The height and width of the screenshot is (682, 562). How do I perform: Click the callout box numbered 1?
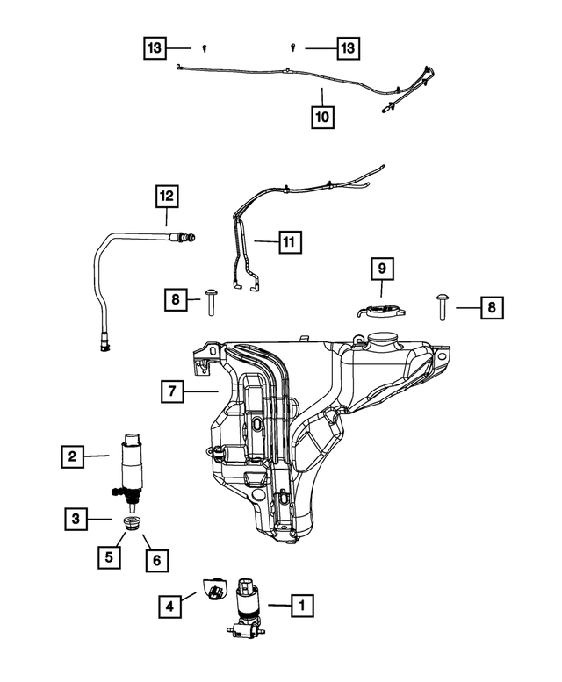click(x=301, y=604)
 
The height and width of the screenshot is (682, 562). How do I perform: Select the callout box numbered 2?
click(x=73, y=456)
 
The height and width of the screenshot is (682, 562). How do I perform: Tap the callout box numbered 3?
click(x=76, y=520)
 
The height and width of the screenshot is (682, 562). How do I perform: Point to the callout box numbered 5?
click(x=110, y=556)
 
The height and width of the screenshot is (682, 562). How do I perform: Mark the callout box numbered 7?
click(x=173, y=391)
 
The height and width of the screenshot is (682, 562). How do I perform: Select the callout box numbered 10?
click(x=323, y=115)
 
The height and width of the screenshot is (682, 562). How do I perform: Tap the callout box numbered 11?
click(x=289, y=240)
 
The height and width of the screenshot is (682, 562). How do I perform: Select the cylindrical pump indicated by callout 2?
click(x=133, y=461)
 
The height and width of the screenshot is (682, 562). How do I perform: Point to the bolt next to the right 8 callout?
click(x=443, y=306)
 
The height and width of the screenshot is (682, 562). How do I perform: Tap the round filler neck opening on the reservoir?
click(x=383, y=337)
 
